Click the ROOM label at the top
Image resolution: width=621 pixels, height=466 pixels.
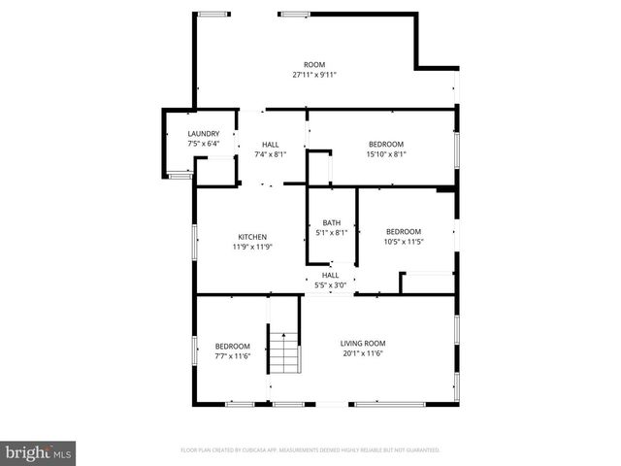tap(314, 64)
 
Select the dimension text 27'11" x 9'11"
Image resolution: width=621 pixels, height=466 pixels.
tap(314, 75)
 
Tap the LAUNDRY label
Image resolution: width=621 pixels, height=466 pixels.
tap(204, 134)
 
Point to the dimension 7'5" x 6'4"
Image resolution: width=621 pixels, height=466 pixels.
tap(204, 144)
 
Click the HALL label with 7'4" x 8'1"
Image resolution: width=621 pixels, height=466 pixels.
tap(270, 144)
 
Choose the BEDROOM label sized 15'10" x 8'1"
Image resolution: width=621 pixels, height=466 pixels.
tap(385, 144)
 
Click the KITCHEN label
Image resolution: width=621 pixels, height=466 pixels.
tap(252, 237)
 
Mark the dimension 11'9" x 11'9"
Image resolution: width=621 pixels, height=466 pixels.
tap(252, 247)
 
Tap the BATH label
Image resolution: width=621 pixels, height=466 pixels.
tap(332, 223)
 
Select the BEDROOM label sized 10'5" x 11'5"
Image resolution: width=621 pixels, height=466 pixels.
tap(404, 231)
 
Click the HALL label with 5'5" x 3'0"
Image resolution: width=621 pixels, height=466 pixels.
tap(331, 275)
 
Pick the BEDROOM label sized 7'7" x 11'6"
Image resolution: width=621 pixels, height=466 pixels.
tap(232, 347)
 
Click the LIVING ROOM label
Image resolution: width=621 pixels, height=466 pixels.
tap(363, 343)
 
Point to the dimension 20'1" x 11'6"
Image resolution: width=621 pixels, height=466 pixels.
tap(363, 353)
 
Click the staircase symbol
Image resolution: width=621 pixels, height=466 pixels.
tap(281, 351)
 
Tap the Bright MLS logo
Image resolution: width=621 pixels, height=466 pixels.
tap(39, 452)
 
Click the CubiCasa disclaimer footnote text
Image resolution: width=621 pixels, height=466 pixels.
tap(310, 450)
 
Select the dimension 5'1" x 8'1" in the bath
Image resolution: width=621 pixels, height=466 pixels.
tap(332, 233)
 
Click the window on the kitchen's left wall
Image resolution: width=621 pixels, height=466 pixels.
tap(196, 241)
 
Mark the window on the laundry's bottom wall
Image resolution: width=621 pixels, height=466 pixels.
tap(180, 177)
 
